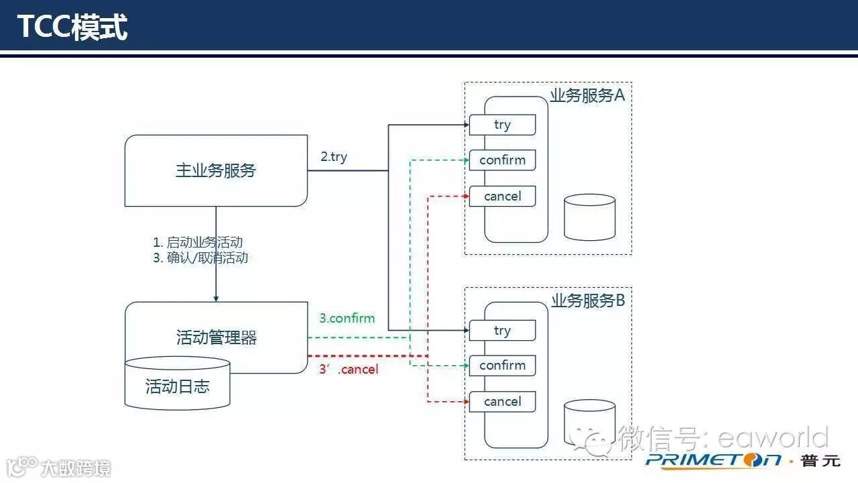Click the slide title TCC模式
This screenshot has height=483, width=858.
(x=72, y=27)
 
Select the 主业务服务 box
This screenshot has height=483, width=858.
(x=216, y=170)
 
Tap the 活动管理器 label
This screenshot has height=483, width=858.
(x=216, y=337)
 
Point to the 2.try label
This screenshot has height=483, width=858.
(x=334, y=157)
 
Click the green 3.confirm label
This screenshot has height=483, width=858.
(x=347, y=318)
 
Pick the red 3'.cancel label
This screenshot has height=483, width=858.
(x=349, y=369)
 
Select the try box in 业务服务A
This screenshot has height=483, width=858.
(x=502, y=125)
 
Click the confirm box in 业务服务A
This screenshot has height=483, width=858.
(x=502, y=160)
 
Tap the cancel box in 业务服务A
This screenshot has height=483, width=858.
(x=502, y=196)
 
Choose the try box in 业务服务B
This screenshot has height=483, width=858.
(x=502, y=330)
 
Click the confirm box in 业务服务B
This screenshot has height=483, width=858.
(x=502, y=366)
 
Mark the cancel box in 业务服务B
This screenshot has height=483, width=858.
(x=502, y=401)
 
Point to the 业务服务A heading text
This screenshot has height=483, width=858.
(x=587, y=95)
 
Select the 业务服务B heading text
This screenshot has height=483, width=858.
(x=588, y=301)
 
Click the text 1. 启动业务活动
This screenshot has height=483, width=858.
(x=198, y=242)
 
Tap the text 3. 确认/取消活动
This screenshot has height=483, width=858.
(x=200, y=258)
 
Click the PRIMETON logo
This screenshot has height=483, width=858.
(x=713, y=460)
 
